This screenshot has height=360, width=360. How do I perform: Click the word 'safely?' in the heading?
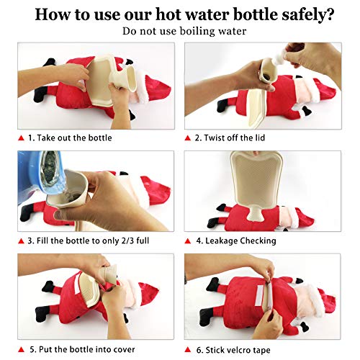[x=308, y=15]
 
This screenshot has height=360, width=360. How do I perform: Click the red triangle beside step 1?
[x=22, y=138]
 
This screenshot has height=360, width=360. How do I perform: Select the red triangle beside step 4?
[x=188, y=241]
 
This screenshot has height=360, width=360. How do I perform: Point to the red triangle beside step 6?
[x=188, y=350]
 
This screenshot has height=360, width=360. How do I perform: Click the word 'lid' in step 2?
[x=259, y=138]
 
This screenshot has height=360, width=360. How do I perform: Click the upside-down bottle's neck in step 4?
[x=254, y=212]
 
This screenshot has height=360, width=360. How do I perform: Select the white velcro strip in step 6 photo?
[x=259, y=296]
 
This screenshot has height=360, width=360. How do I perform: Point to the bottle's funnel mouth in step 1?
[x=125, y=78]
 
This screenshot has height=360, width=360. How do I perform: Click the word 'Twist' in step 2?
[x=215, y=138]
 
